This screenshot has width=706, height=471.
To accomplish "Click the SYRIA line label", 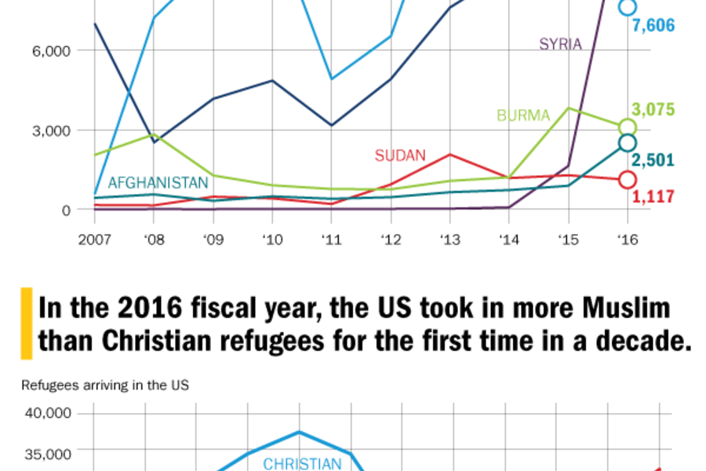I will (560, 44).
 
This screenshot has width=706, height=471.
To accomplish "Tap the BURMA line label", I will (523, 116).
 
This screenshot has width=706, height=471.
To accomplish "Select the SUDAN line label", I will (399, 155).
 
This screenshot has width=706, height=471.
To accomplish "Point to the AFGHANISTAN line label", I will (158, 183).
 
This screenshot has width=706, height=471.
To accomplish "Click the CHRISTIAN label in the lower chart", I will (302, 464).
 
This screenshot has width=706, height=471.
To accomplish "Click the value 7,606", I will (653, 26).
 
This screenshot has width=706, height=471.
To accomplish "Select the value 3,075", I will (653, 109).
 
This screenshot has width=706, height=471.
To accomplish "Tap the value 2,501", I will (653, 160).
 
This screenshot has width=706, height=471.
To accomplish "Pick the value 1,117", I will (653, 197).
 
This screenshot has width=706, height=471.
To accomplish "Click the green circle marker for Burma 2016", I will (627, 127).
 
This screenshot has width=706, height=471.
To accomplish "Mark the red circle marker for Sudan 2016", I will (627, 180).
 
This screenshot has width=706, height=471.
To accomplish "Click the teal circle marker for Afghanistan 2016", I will (627, 142).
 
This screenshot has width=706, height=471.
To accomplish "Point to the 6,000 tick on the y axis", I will (52, 51).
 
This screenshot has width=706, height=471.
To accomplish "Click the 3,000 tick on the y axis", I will (52, 130).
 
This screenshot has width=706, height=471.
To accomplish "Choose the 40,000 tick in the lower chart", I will (49, 414).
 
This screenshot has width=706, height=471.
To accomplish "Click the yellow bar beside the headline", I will (26, 323).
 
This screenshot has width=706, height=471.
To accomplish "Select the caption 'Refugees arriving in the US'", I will (104, 385).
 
